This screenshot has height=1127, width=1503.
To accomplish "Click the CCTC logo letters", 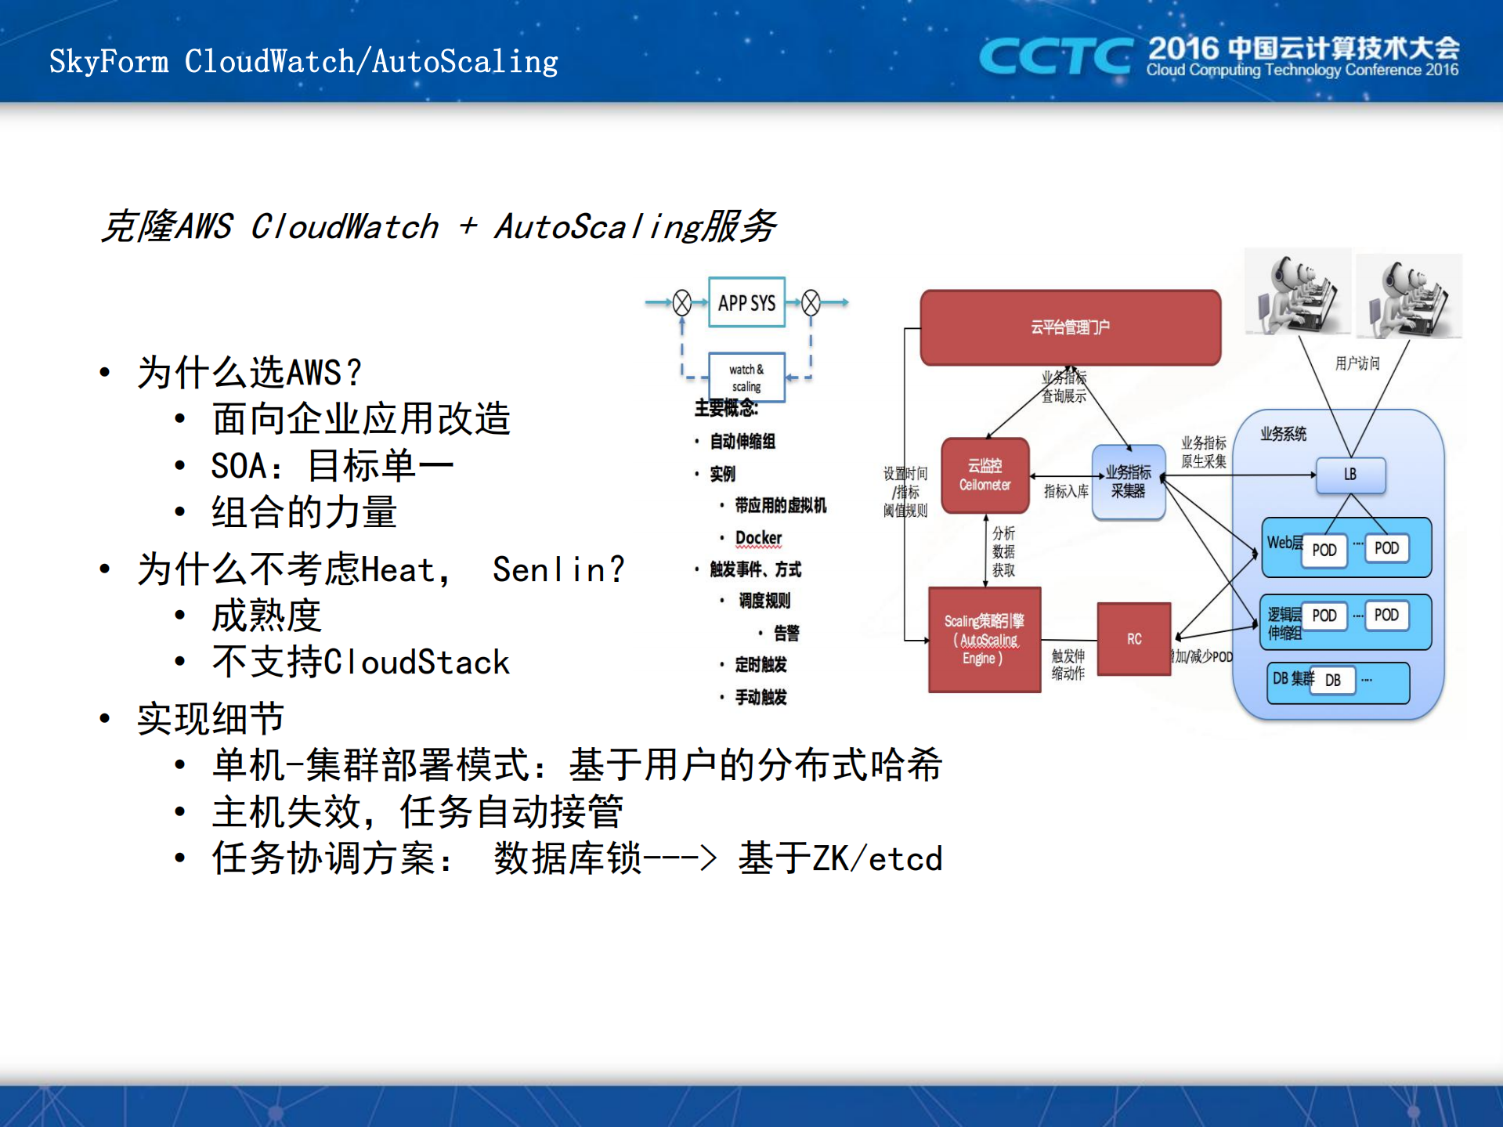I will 1055,56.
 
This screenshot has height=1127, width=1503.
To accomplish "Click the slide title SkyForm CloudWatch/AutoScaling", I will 304,62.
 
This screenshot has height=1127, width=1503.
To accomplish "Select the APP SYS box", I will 746,303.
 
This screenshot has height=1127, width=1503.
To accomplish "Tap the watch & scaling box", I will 746,377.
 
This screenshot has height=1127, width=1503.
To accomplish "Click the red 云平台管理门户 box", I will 1070,327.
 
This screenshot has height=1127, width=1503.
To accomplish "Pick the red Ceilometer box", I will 985,475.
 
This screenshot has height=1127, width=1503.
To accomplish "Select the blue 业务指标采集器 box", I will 1128,482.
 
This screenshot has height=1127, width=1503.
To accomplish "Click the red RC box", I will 1133,639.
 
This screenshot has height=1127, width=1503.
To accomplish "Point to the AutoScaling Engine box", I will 984,640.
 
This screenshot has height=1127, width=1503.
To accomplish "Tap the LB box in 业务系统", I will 1350,475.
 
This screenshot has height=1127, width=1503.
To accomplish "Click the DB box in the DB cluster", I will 1332,681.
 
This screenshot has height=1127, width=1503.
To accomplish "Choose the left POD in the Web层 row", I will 1324,550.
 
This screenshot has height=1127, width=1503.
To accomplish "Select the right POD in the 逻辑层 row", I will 1386,615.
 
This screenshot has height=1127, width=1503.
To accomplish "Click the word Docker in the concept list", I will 758,538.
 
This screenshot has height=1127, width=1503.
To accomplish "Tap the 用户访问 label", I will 1357,363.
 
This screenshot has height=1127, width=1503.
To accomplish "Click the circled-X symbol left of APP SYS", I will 682,303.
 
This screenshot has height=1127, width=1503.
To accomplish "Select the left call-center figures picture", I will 1298,294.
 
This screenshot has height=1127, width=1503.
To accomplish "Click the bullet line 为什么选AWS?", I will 249,373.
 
